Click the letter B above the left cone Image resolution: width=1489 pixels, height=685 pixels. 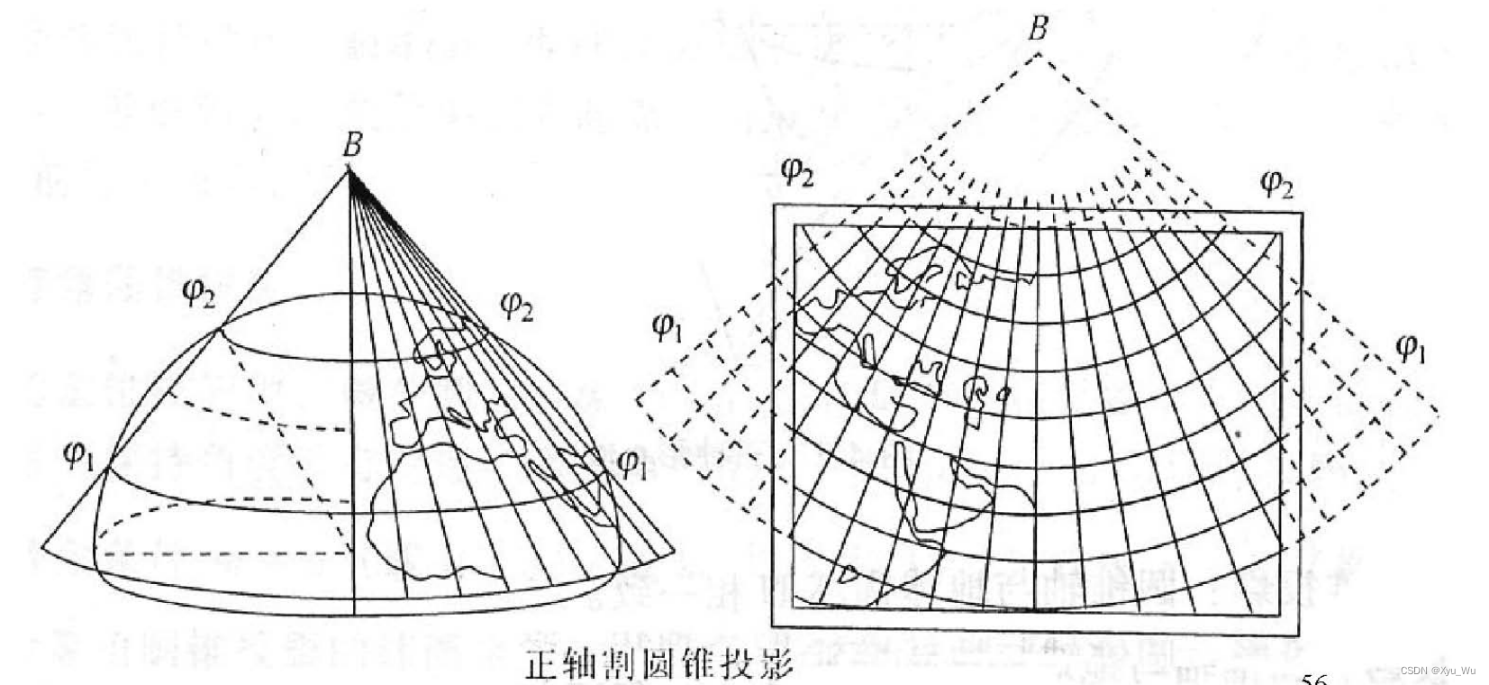click(352, 147)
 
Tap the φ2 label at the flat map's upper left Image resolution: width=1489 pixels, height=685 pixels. click(797, 170)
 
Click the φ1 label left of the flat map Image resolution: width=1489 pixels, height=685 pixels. click(666, 329)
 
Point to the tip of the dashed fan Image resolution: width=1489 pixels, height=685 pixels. click(1038, 53)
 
